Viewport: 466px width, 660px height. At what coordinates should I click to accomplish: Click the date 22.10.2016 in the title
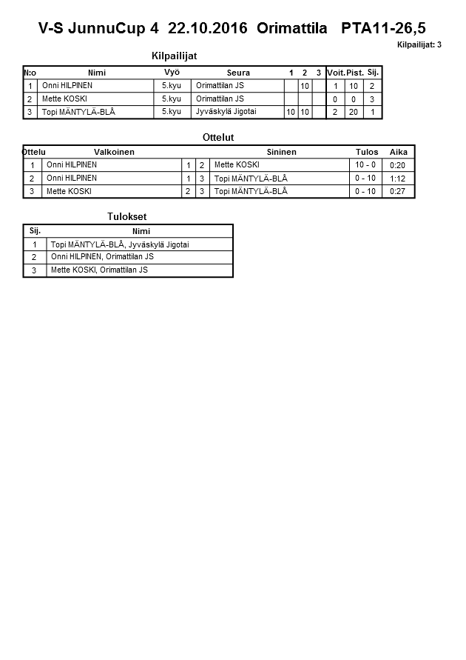coord(209,29)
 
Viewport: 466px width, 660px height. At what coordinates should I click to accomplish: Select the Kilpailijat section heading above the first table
coord(174,56)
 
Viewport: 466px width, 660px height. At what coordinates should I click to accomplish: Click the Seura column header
coord(238,73)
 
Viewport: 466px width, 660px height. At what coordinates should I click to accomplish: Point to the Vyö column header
coord(172,72)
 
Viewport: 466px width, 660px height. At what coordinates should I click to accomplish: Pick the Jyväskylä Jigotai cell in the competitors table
coord(226,112)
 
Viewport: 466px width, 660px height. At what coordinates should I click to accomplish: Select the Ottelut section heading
coord(217,137)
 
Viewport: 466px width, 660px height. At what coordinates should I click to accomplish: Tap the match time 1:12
coord(397,179)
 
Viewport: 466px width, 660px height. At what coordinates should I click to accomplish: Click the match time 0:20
coord(397,165)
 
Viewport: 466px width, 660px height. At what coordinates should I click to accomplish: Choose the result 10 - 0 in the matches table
coord(365,164)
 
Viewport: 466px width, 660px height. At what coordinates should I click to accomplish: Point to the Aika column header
coord(399,152)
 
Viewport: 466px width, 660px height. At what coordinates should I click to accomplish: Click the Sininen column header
coord(281,152)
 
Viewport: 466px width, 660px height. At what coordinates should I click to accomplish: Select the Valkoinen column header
coord(115,152)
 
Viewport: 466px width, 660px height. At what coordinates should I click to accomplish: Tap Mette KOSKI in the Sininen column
coord(237,164)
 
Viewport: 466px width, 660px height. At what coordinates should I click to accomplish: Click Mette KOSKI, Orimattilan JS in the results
coord(99,270)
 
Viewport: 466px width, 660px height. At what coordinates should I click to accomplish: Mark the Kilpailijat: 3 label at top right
coord(419,45)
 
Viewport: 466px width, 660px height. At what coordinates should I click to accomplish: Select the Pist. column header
coord(355,73)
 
